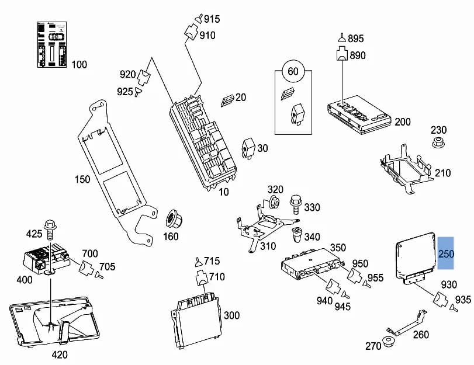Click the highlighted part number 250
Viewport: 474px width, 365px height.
tap(446, 253)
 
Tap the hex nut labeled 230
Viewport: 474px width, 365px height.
tap(438, 142)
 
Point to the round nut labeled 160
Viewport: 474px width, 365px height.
tap(174, 219)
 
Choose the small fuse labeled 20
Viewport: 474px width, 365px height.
tap(227, 100)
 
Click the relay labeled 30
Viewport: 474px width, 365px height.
tap(248, 148)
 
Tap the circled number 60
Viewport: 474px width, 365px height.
tap(293, 71)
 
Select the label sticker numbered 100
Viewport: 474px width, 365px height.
tap(52, 45)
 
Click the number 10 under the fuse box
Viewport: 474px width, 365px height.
tap(224, 192)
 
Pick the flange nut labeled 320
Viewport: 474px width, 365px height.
tap(275, 202)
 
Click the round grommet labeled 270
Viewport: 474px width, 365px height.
tap(387, 342)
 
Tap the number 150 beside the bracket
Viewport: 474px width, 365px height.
tap(82, 179)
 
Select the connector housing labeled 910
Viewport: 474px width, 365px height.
tap(191, 32)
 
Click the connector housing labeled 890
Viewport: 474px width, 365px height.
tap(342, 54)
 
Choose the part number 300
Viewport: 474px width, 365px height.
tap(231, 315)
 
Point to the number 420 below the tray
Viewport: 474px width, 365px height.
tap(60, 354)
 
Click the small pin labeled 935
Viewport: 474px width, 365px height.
tap(453, 308)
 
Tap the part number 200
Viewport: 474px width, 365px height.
tap(403, 122)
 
